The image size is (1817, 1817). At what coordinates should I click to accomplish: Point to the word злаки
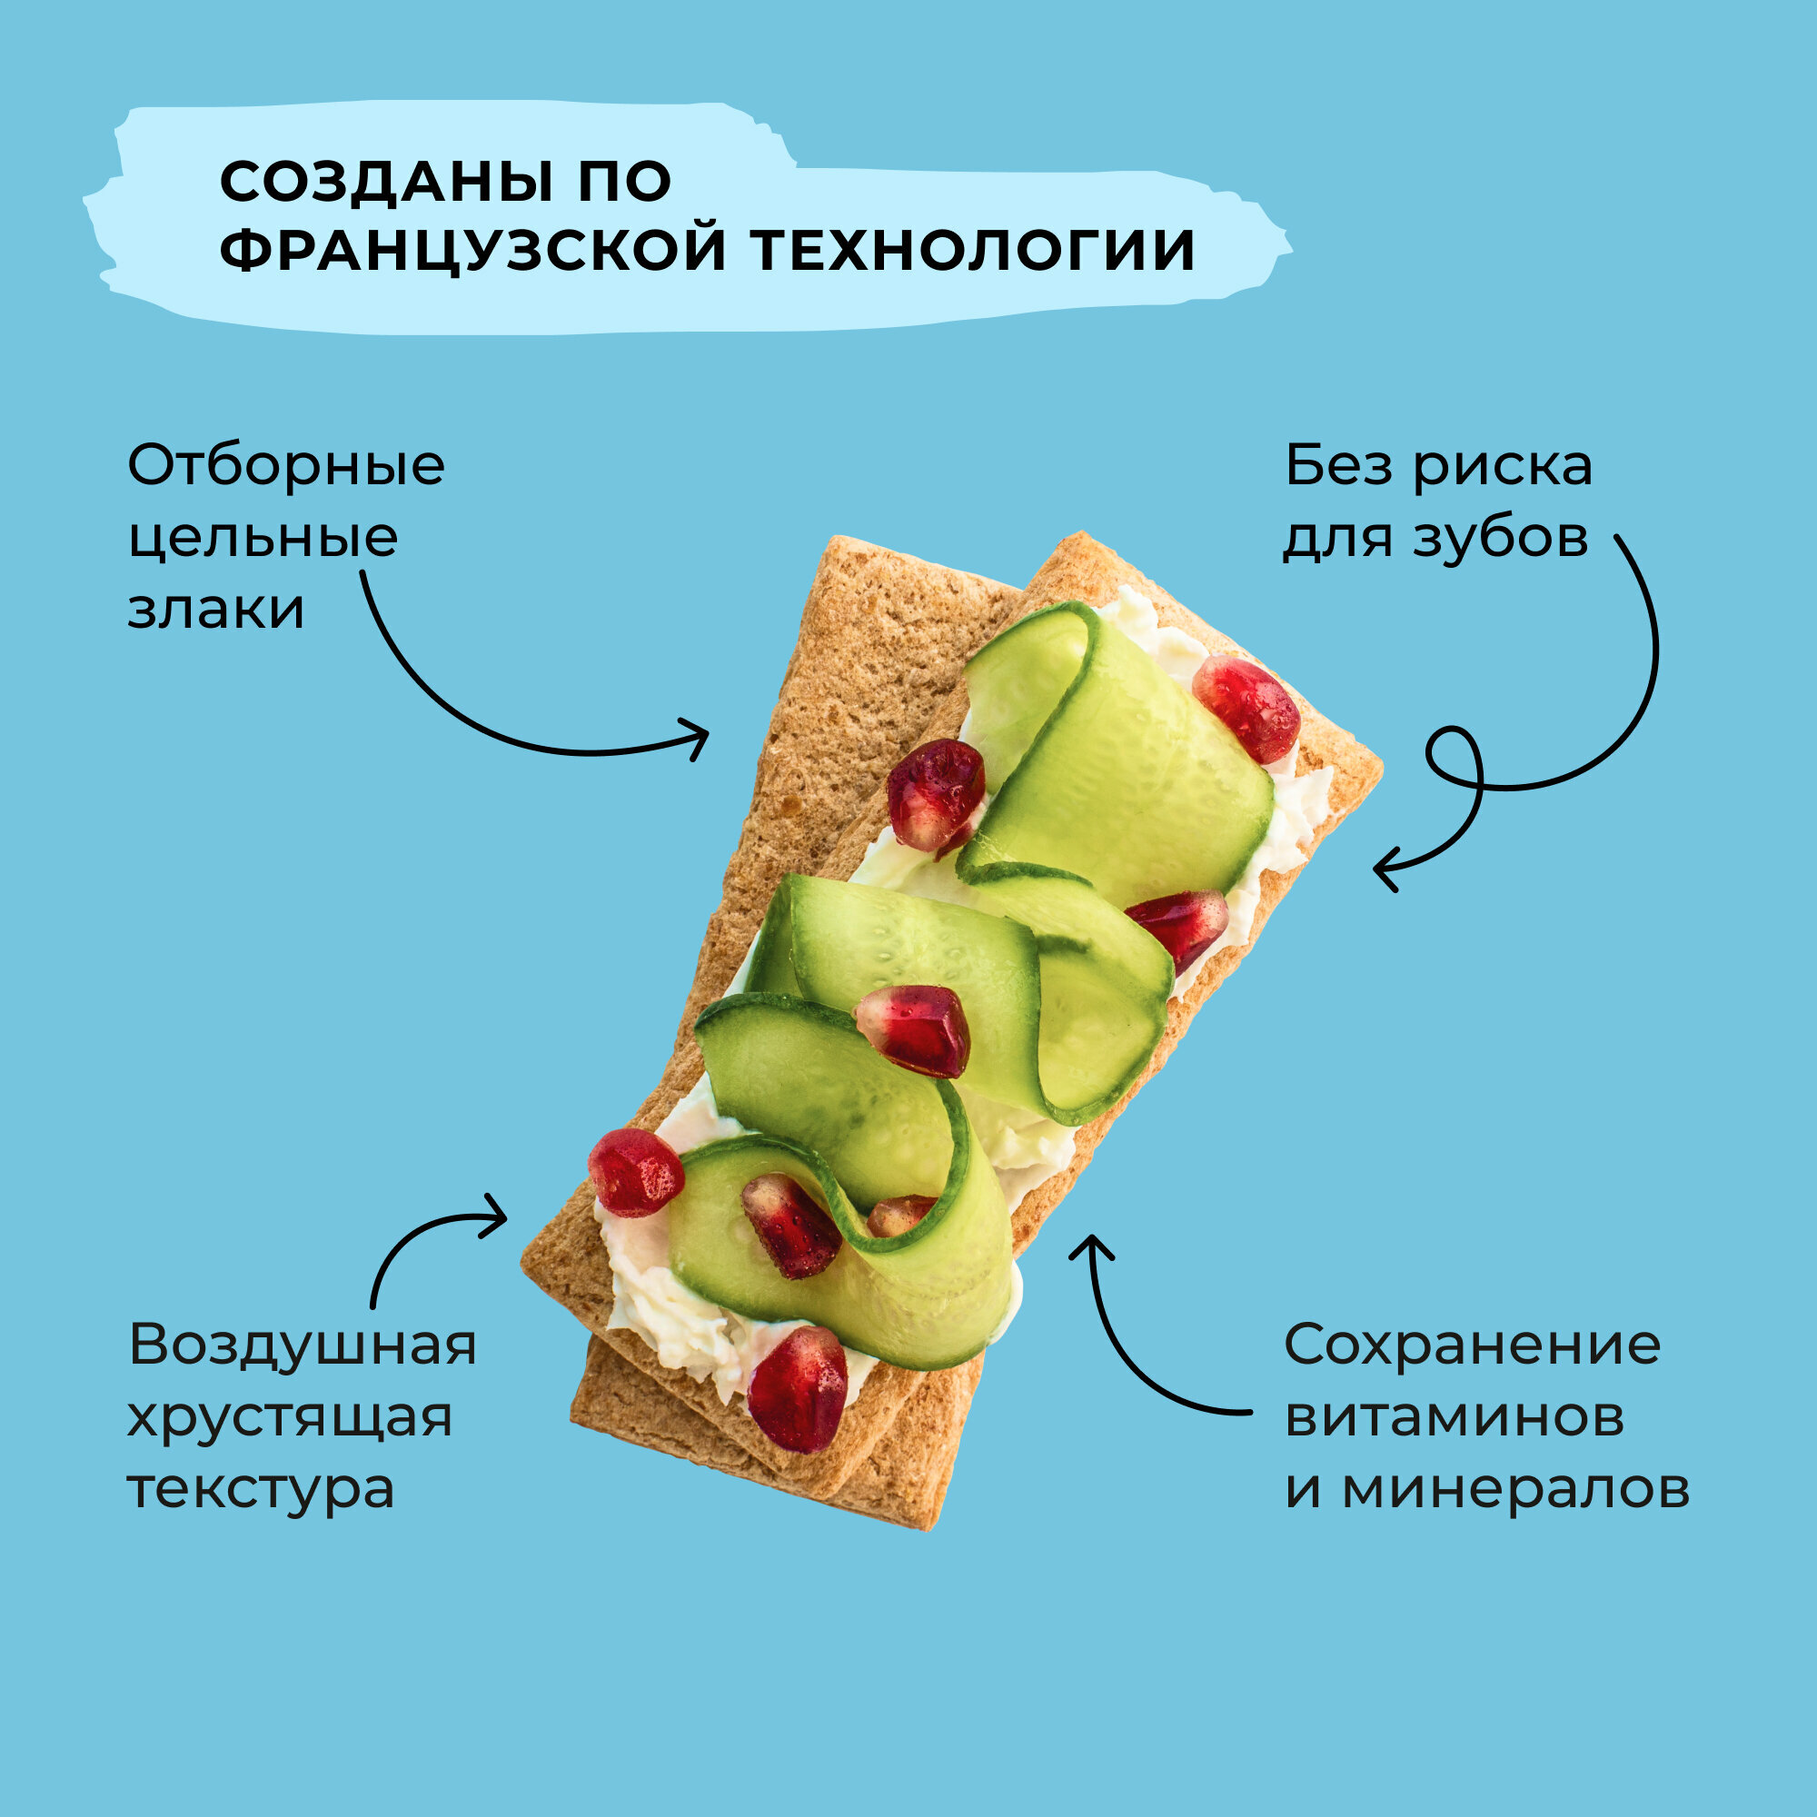coord(216,610)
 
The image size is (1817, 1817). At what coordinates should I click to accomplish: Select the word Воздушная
coord(303,1344)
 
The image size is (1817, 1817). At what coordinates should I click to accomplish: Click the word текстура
coord(262,1489)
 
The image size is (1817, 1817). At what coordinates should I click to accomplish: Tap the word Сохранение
coord(1473,1344)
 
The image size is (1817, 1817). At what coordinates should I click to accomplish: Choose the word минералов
coord(1515,1489)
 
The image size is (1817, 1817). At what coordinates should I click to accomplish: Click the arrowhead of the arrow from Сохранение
coord(1091,1246)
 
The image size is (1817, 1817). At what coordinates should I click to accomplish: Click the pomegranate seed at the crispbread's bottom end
coord(798,1388)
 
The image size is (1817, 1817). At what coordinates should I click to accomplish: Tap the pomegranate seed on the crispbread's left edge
coord(636,1172)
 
